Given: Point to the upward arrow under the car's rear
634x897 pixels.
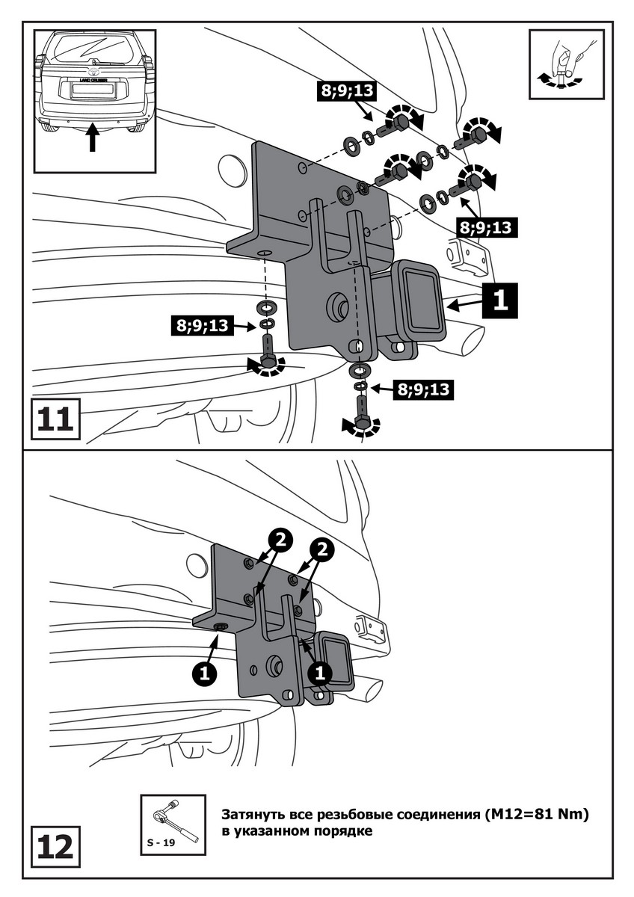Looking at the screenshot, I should point(93,138).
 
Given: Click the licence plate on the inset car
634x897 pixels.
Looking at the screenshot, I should point(92,89).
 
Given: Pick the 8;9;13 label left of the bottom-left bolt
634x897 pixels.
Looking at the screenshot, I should point(202,325).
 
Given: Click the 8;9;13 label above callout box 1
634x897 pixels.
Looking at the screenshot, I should point(486,227).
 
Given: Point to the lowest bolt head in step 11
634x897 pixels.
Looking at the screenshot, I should point(363,424).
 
